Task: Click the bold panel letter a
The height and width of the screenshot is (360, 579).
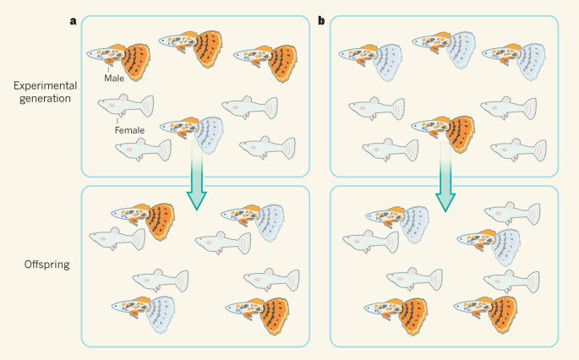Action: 73,21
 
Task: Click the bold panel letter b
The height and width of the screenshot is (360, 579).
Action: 322,20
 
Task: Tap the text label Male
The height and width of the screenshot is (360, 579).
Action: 114,79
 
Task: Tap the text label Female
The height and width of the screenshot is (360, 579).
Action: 129,130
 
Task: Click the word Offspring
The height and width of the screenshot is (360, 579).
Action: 47,265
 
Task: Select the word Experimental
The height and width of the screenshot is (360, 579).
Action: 46,85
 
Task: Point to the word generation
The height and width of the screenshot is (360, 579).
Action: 45,99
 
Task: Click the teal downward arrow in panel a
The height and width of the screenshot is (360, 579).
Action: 196,176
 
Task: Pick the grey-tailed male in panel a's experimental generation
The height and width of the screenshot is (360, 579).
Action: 193,133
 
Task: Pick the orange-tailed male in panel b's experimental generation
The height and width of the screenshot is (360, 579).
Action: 444,132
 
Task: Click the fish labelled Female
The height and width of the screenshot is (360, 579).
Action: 126,106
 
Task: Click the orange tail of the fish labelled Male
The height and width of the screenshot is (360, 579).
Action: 136,63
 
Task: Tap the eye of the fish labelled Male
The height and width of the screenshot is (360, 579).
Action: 93,53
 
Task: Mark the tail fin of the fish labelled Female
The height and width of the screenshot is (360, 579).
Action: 147,106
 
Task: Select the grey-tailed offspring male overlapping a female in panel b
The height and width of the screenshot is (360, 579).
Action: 398,223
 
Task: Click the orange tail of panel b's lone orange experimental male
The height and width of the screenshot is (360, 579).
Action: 461,134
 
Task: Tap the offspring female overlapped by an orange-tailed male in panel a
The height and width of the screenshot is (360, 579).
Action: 117,239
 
